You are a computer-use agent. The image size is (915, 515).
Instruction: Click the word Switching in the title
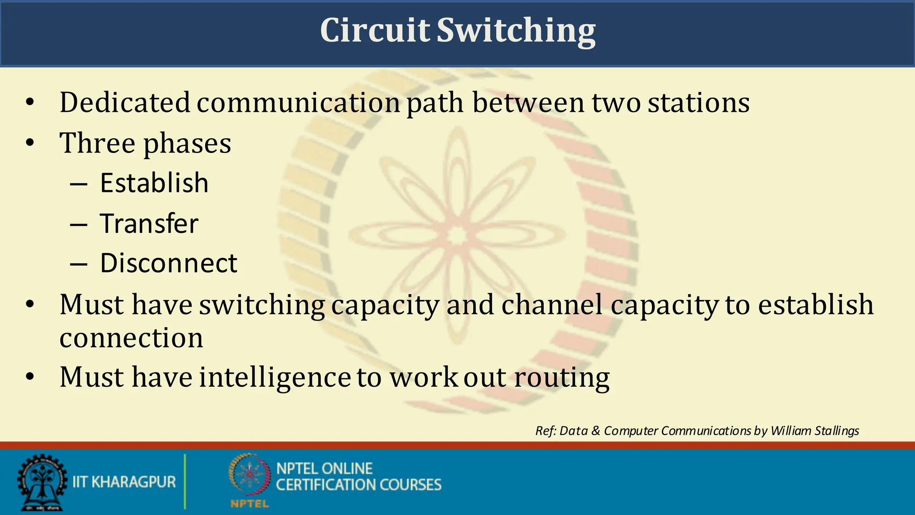click(x=516, y=31)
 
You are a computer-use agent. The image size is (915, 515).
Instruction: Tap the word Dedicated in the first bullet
click(x=125, y=102)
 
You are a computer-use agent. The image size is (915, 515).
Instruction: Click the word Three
click(x=97, y=143)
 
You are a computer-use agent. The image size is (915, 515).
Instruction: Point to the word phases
click(x=187, y=144)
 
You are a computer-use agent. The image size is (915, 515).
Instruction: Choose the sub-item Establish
click(x=154, y=183)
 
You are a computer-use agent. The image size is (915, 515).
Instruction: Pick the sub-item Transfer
click(x=149, y=223)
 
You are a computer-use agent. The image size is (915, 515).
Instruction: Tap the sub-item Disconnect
click(x=168, y=263)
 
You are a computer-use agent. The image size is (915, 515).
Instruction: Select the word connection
click(x=131, y=338)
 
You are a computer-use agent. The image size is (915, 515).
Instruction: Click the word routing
click(x=562, y=378)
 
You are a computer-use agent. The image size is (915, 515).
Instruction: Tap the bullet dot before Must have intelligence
click(x=30, y=376)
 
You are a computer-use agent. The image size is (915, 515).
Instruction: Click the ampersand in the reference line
click(x=596, y=431)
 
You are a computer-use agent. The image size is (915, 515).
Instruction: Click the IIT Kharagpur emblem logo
click(x=42, y=482)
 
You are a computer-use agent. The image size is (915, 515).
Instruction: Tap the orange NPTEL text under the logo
click(x=249, y=504)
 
